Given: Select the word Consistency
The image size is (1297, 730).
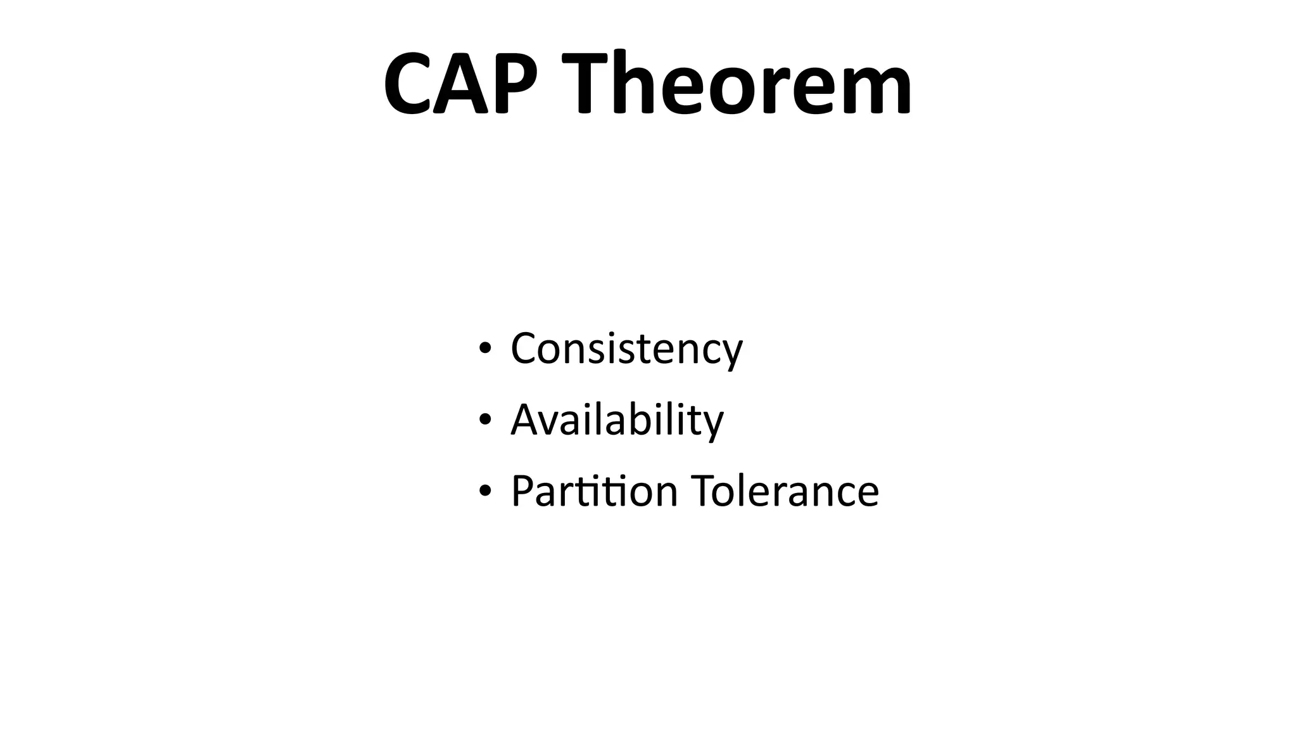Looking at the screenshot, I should [626, 349].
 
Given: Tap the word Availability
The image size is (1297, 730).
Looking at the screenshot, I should [617, 419].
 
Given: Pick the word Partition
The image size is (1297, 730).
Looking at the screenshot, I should [594, 490].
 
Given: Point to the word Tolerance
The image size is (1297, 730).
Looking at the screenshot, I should [785, 490].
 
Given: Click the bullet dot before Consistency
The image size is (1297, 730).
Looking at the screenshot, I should [485, 348].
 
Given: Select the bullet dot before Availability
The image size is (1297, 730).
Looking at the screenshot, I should [485, 419].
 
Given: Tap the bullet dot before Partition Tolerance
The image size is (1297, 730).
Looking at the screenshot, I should [485, 490].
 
